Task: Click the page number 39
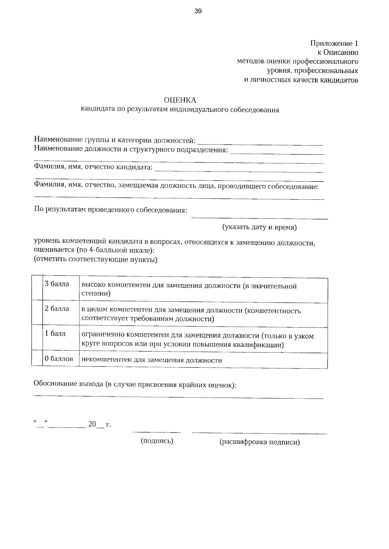pos(198,12)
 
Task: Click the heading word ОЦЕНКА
pos(180,100)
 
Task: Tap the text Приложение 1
pos(334,43)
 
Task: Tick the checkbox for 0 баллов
pos(37,360)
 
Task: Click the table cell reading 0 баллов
pos(59,359)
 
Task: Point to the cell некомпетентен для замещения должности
pos(151,360)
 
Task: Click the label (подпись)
pos(157,441)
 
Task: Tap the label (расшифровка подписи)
pos(260,442)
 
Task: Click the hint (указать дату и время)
pos(259,227)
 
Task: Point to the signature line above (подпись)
pos(157,432)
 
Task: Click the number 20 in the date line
pos(92,424)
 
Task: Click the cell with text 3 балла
pos(57,284)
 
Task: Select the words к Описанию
pos(337,52)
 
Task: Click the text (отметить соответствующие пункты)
pos(96,260)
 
